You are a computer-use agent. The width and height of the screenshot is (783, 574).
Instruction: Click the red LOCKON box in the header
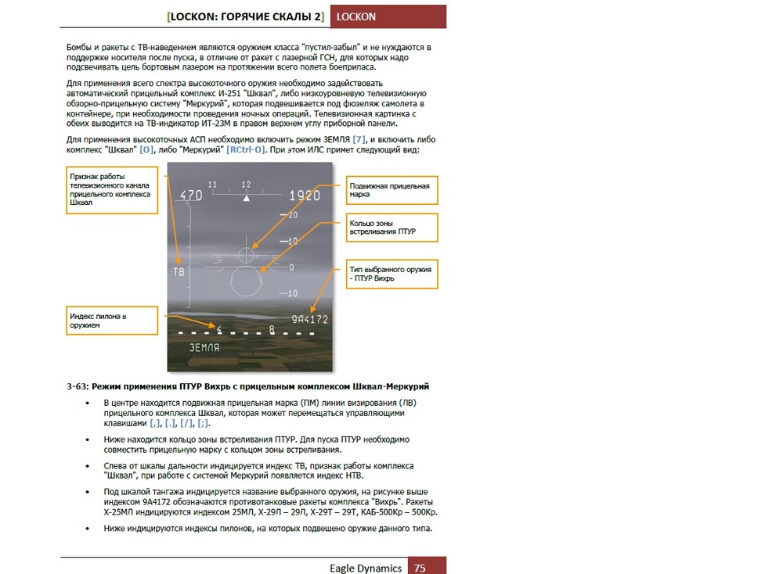click(x=388, y=16)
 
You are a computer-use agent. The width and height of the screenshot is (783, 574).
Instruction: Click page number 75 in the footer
click(x=420, y=568)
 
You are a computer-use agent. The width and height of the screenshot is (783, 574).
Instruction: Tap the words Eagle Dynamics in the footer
click(x=366, y=568)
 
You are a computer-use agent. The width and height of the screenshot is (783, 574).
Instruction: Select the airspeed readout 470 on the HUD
click(x=190, y=196)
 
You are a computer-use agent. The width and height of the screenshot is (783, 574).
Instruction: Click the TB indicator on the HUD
click(x=179, y=271)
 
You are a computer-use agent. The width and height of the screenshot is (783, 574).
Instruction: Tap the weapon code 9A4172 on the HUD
click(x=309, y=319)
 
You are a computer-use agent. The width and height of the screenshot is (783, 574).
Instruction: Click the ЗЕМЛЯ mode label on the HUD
click(x=204, y=346)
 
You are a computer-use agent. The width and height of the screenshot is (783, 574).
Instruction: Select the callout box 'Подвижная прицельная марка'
click(x=392, y=190)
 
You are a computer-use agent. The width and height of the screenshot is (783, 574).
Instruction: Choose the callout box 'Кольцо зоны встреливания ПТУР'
click(x=392, y=228)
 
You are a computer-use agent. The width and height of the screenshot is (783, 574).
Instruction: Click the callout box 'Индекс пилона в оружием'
click(x=111, y=321)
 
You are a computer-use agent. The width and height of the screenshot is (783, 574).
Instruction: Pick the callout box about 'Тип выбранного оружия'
click(x=392, y=274)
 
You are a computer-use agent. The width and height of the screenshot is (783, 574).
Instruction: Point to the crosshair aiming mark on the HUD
click(x=247, y=254)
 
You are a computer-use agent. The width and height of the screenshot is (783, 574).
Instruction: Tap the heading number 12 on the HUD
click(x=247, y=185)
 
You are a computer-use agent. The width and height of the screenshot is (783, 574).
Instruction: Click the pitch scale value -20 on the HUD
click(x=293, y=214)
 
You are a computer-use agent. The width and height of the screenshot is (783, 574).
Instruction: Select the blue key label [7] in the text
click(x=359, y=139)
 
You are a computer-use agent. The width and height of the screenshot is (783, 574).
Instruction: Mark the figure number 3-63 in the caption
click(x=78, y=386)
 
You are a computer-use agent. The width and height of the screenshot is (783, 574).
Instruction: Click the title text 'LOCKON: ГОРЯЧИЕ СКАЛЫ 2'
click(x=246, y=16)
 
